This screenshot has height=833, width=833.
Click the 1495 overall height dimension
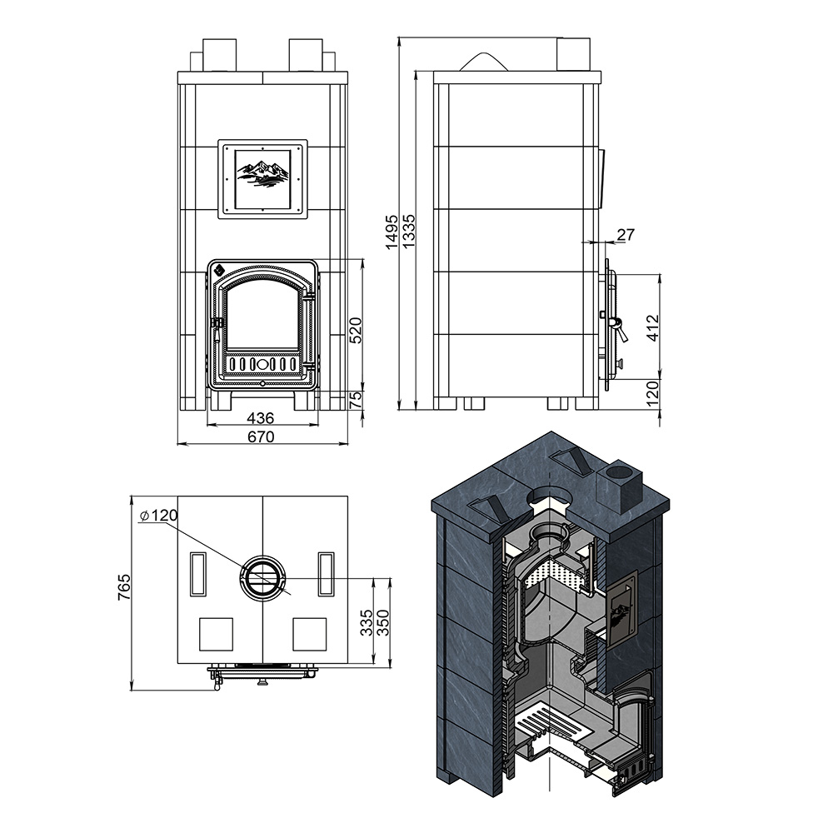pos(392,232)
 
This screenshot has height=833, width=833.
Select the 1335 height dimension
pos(408,232)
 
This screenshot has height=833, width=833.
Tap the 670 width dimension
pos(261,436)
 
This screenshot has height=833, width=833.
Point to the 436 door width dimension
pos(261,418)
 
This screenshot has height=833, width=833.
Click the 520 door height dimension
pos(356,330)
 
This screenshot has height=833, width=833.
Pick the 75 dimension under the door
pos(357,399)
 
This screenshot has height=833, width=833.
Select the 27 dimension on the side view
pos(626,234)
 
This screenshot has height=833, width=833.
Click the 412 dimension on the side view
pos(653,327)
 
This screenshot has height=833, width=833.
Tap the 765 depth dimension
pos(124,586)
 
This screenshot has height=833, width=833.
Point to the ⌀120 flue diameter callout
pos(158,515)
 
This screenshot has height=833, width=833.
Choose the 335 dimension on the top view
pos(367,622)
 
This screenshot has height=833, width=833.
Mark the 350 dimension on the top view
pos(382,622)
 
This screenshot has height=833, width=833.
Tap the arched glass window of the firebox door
pos(262,317)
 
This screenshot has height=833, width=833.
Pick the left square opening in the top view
pos(216,634)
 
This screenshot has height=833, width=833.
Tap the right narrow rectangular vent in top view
pos(327,574)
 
